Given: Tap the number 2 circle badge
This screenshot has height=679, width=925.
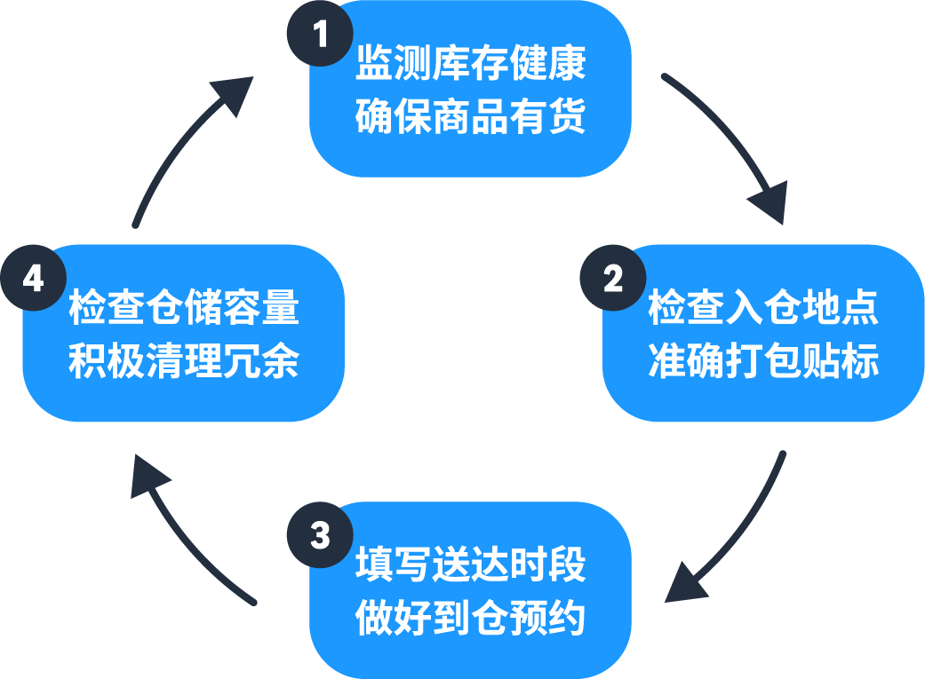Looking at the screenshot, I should [613, 279].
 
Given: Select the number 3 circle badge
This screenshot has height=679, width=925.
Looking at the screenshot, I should [320, 536].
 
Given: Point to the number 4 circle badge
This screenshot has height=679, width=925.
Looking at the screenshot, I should [33, 279].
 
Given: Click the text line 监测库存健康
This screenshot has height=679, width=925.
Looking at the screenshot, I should [470, 65].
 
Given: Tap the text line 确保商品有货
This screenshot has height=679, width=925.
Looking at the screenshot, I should [470, 115].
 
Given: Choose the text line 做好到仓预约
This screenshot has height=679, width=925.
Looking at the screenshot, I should [470, 618].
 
